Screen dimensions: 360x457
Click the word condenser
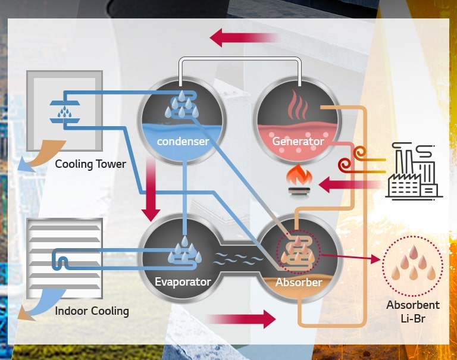pos(182,142)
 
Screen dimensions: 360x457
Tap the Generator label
pos(298,142)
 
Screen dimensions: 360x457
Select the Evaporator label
pos(182,281)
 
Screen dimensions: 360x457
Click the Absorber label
pos(298,282)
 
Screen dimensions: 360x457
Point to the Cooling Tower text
pos(90,164)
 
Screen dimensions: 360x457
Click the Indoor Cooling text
pos(92,311)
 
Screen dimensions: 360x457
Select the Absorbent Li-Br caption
pos(412,311)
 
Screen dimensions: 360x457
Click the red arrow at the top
pos(244,39)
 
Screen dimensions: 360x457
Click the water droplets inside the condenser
pos(182,105)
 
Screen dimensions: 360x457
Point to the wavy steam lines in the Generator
pos(298,107)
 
